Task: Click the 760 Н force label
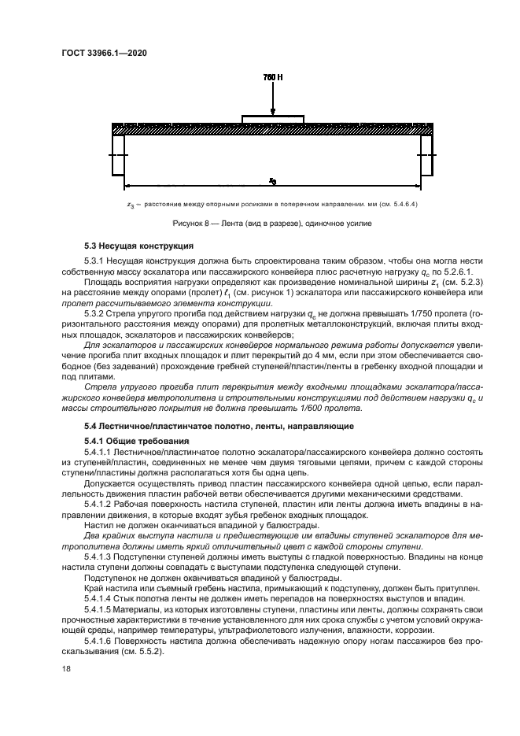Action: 271,77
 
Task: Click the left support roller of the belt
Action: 118,155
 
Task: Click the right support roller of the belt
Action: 426,155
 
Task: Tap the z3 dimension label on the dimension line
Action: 271,181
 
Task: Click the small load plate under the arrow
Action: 271,119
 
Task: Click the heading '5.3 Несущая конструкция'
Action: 133,246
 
